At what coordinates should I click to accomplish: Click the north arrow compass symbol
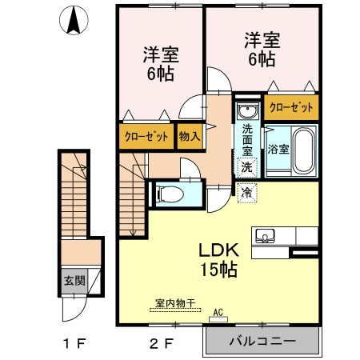pos(74,20)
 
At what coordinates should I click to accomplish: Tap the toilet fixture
pos(170,194)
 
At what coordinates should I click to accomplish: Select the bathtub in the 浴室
pos(304,150)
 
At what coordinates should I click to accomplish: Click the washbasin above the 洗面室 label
pos(248,110)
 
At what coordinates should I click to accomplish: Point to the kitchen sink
pos(265,236)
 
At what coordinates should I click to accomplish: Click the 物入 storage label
pos(190,136)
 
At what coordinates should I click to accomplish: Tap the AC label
pos(218,312)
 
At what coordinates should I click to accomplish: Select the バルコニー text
pos(262,341)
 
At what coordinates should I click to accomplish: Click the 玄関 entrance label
pos(74,281)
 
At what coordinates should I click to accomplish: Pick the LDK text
pos(218,250)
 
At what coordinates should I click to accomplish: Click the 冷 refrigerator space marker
pos(247,193)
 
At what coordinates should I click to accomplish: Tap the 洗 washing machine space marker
pos(247,168)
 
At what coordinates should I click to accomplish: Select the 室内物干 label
pos(175,303)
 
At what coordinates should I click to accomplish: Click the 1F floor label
pos(74,343)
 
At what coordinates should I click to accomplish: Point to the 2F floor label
pos(162,343)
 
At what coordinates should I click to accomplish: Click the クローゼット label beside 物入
pos(146,137)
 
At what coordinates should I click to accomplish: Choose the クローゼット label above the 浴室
pos(291,107)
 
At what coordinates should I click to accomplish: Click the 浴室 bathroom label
pos(278,149)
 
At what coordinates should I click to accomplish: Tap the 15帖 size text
pos(218,270)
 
